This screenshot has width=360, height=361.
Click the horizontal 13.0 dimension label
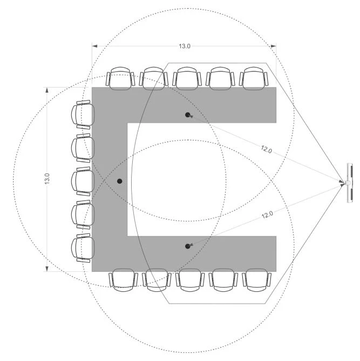(x=185, y=46)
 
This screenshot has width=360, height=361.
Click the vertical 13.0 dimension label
(x=47, y=179)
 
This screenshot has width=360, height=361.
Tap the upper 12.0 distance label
(x=267, y=149)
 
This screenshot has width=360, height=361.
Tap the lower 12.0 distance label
(x=267, y=215)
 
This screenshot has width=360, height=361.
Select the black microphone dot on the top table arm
(x=188, y=115)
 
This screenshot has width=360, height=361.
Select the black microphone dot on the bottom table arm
(x=188, y=246)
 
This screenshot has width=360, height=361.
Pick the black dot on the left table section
(x=119, y=181)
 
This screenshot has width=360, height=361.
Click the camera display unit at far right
(x=350, y=183)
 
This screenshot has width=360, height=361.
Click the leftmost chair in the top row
(x=120, y=78)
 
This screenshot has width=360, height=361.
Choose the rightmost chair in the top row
(x=254, y=78)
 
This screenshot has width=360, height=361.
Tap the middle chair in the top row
(x=187, y=78)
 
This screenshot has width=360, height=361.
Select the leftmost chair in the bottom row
(x=124, y=280)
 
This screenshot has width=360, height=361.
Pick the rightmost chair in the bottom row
(x=256, y=280)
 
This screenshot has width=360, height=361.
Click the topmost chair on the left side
(x=83, y=115)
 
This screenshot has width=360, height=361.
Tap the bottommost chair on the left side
(x=83, y=248)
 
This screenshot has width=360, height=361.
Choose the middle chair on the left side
(x=83, y=182)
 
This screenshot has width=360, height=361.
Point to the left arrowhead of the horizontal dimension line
(x=94, y=46)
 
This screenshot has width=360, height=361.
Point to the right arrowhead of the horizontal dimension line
(x=273, y=46)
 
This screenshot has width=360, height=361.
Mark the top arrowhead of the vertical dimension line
(x=47, y=90)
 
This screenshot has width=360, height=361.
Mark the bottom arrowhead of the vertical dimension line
(x=47, y=269)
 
